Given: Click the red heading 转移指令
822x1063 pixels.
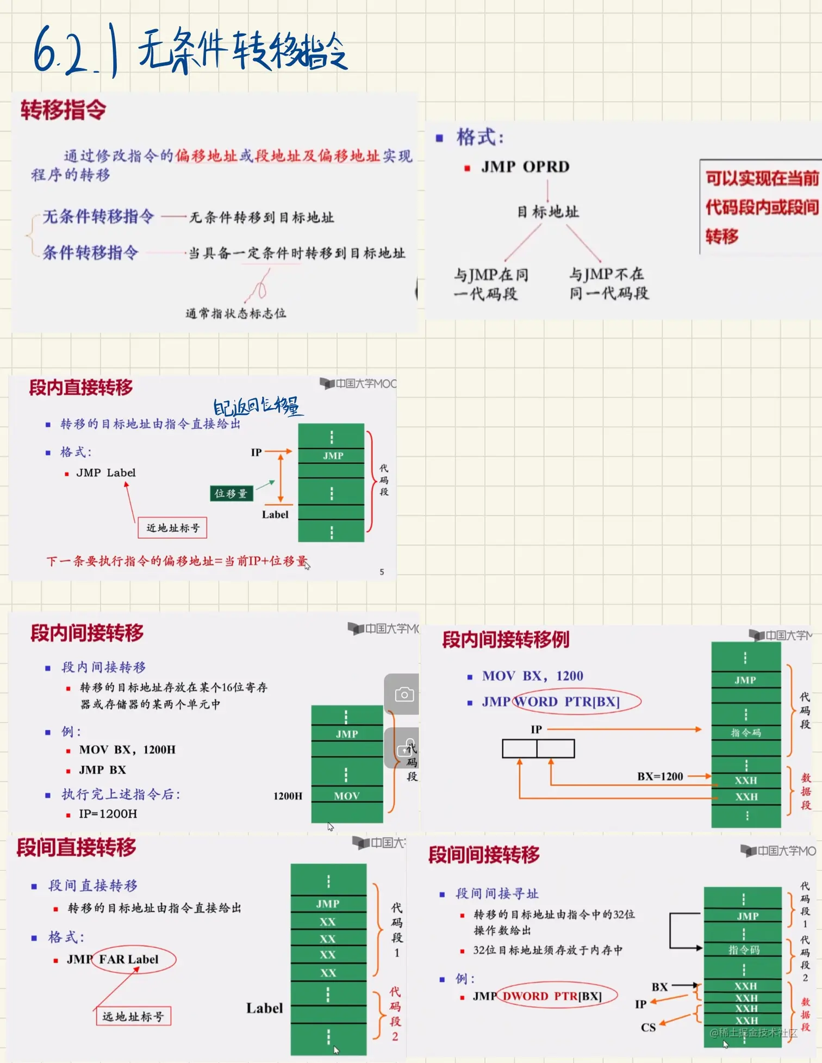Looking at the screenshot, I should coord(63,110).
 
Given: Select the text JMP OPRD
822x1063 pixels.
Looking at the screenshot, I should coord(525,166).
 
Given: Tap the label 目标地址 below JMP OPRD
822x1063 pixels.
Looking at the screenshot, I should coord(547,212).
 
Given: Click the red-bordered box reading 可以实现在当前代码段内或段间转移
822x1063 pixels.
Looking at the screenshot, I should coord(761,207).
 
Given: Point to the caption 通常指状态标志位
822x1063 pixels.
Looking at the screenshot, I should coord(235,313).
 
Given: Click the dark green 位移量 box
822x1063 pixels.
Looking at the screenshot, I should coord(231,493).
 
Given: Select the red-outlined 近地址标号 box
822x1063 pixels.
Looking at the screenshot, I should coord(172,527).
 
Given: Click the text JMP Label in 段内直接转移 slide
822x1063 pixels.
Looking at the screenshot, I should coord(105,473).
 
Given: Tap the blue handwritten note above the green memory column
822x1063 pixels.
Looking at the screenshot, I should coord(256,406).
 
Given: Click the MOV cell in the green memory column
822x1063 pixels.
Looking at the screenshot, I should coord(347,795).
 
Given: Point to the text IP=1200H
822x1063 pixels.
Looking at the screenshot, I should coord(108,813).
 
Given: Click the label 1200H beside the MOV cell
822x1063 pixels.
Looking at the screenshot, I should coord(288,795).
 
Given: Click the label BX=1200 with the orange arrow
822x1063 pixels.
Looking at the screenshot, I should coord(660,776).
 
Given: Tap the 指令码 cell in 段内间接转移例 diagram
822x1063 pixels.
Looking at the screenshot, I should coord(745,732).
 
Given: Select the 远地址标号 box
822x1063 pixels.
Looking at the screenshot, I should coord(133,1016).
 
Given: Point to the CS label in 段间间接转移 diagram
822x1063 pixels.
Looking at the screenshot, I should coord(648,1027).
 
